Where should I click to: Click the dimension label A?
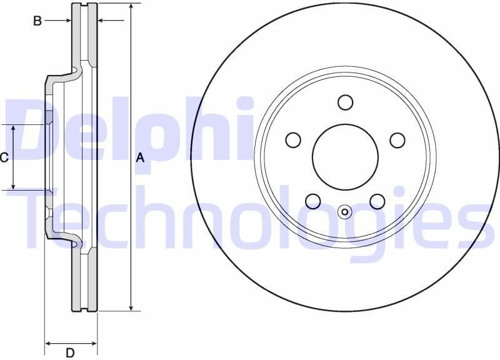pyautogui.click(x=140, y=158)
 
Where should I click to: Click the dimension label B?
pyautogui.click(x=37, y=21)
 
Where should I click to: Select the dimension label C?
pyautogui.click(x=4, y=157)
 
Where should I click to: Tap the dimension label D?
pyautogui.click(x=71, y=353)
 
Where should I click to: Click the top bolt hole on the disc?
pyautogui.click(x=345, y=102)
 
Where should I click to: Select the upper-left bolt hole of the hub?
pyautogui.click(x=293, y=140)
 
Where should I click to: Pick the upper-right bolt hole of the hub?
pyautogui.click(x=397, y=140)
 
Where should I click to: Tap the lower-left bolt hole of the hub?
pyautogui.click(x=313, y=201)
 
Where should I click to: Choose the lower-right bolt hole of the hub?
pyautogui.click(x=377, y=201)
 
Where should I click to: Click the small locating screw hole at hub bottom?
pyautogui.click(x=345, y=212)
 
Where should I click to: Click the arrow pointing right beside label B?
pyautogui.click(x=67, y=21)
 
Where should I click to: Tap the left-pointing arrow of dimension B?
pyautogui.click(x=102, y=21)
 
